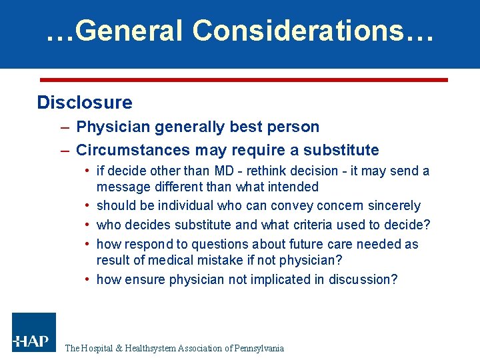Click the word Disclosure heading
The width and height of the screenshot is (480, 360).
click(x=85, y=103)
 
